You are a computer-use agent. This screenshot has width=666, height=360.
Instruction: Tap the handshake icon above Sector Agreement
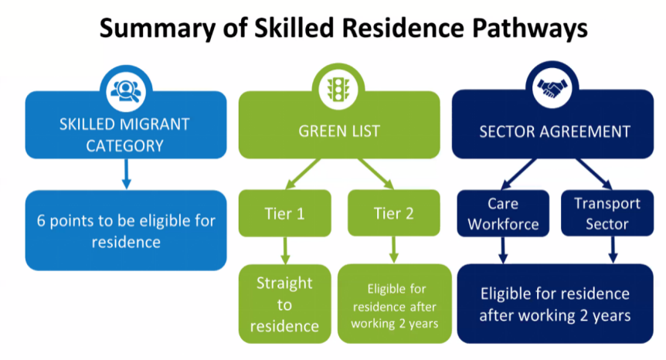(x=552, y=88)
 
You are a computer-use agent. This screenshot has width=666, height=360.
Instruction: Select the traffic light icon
(x=338, y=90)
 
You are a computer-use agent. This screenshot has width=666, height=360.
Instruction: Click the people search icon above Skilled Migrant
(x=126, y=91)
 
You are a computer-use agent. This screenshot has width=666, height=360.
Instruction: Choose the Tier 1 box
(x=284, y=213)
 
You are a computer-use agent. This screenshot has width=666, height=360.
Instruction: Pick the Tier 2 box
(x=394, y=212)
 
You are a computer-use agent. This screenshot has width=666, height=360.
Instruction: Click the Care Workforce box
(x=503, y=213)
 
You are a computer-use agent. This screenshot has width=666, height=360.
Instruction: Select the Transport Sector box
(x=607, y=213)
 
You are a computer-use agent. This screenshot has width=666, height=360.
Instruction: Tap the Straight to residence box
(x=284, y=304)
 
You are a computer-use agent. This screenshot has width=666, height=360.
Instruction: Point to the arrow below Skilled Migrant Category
(x=126, y=174)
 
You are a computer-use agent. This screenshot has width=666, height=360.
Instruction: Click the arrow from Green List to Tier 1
(x=302, y=174)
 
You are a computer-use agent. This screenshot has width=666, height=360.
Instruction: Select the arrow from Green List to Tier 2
(x=376, y=174)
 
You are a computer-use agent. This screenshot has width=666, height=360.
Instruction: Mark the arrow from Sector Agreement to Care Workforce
(x=518, y=174)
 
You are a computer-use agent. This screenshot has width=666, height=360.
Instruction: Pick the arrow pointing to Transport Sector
(x=594, y=174)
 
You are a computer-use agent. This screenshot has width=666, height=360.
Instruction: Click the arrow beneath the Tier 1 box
(x=285, y=250)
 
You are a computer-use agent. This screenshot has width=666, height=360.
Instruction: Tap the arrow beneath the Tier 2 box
(x=394, y=250)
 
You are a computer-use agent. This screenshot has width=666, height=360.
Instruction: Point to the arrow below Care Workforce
(x=503, y=250)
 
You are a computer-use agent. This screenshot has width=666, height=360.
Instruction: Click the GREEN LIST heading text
(x=339, y=131)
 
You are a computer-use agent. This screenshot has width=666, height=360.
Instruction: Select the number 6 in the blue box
(x=41, y=221)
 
